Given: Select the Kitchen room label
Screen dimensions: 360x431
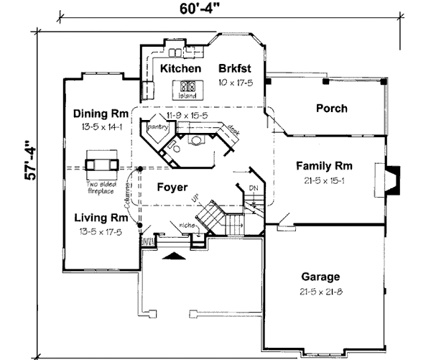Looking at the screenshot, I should [x=180, y=69].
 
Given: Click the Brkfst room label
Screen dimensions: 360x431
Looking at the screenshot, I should [x=237, y=69].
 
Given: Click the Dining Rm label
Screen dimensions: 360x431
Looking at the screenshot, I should [x=101, y=114].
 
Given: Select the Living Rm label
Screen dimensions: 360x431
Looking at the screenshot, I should [x=101, y=218].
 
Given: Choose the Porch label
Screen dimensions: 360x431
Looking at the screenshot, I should [x=331, y=109].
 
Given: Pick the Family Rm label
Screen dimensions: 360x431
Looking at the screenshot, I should [x=323, y=166].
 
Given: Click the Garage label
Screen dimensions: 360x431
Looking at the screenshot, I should [x=321, y=277].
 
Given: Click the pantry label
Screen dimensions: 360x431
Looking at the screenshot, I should [x=157, y=126].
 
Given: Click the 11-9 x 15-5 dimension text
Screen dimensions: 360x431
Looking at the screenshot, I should [x=186, y=115].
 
